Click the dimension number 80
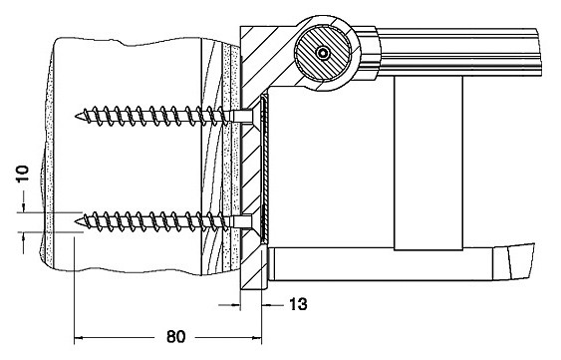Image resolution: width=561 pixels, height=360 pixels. pos(175,337)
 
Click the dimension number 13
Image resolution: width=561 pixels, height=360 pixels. pos(298,304)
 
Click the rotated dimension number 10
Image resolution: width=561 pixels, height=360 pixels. pos(22,174)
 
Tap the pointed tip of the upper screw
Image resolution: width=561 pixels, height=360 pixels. pos(76,116)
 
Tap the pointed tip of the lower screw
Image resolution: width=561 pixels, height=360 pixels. pos(76,222)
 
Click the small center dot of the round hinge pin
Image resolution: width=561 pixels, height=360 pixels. pos(323,53)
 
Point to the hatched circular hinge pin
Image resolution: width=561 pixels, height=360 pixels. pos(323,53)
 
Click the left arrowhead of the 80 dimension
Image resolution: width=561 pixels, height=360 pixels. pos(79,337)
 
